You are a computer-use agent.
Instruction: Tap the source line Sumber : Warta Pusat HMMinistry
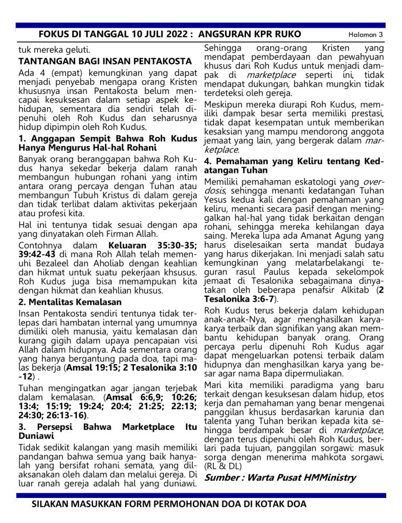pos(280,478)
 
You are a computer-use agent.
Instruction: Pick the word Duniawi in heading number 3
pos(36,437)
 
